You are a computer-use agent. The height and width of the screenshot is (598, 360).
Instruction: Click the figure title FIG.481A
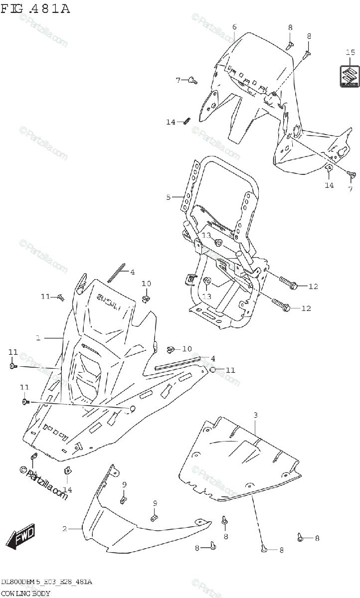(x=35, y=8)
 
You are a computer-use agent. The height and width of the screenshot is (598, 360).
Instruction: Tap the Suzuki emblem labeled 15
(x=350, y=76)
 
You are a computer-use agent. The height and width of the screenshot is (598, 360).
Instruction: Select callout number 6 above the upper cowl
(x=234, y=27)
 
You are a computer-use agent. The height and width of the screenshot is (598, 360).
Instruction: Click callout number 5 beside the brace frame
(x=169, y=197)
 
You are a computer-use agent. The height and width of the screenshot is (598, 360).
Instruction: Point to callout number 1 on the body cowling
(x=38, y=338)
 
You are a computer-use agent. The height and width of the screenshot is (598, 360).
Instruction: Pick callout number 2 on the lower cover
(x=64, y=529)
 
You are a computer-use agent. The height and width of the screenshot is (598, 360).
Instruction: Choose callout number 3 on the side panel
(x=255, y=415)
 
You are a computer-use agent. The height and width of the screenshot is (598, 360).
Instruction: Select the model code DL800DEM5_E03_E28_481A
(x=46, y=582)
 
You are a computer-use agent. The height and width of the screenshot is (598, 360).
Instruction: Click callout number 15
(x=350, y=53)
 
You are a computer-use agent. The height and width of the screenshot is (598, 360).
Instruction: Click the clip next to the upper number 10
(x=145, y=299)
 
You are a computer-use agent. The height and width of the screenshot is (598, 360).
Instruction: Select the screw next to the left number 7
(x=193, y=79)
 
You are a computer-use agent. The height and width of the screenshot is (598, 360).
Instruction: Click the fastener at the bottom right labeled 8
(x=301, y=537)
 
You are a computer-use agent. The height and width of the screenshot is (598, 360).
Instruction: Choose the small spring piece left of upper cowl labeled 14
(x=187, y=121)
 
